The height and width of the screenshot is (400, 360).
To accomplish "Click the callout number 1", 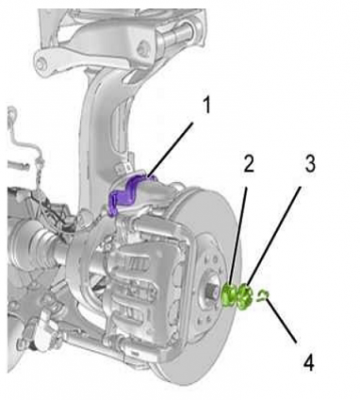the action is pyautogui.click(x=207, y=106).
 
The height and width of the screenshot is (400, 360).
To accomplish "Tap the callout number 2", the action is pyautogui.click(x=248, y=163).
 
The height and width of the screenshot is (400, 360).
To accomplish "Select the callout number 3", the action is pyautogui.click(x=310, y=163).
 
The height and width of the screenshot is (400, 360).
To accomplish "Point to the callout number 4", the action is pyautogui.click(x=308, y=362).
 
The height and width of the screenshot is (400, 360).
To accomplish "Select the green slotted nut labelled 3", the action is pyautogui.click(x=246, y=295).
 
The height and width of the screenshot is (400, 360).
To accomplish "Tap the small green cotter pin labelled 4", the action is pyautogui.click(x=263, y=295).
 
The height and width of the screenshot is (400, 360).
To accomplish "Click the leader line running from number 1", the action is pyautogui.click(x=171, y=149).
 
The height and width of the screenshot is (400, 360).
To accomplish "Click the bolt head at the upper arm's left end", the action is pyautogui.click(x=42, y=63).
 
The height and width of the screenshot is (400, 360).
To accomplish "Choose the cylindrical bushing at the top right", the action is pyautogui.click(x=180, y=35).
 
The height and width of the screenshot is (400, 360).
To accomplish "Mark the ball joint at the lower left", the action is pyautogui.click(x=42, y=337).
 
